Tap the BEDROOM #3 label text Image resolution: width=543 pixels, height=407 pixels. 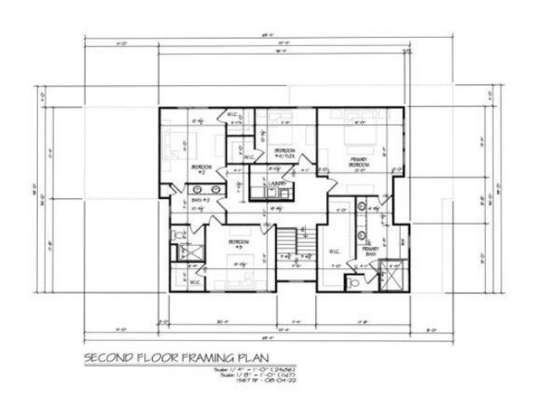(x=239, y=242)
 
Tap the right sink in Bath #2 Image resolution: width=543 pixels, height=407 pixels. (x=217, y=190)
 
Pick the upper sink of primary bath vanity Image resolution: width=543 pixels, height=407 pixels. (x=362, y=207)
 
